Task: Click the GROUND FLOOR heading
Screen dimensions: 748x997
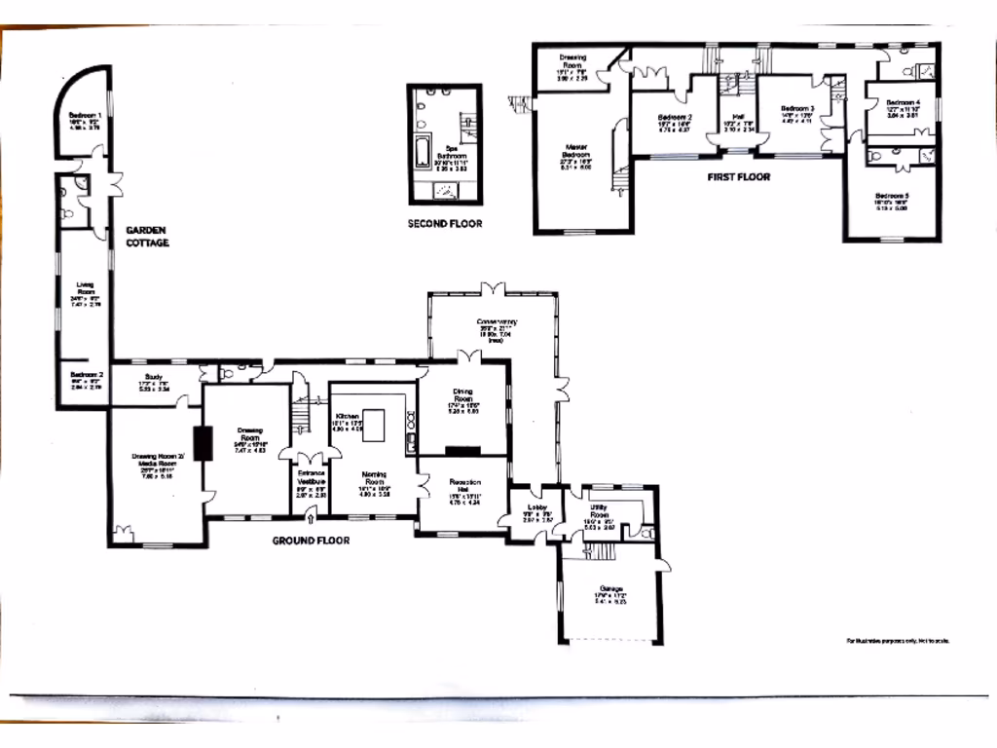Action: (310, 541)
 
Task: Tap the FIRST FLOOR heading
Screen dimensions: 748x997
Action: (738, 177)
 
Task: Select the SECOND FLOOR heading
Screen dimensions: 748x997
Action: (445, 223)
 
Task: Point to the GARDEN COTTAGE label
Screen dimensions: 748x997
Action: (147, 237)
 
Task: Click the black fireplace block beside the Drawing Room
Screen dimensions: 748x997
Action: (203, 443)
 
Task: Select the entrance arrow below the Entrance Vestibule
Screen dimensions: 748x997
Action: (311, 527)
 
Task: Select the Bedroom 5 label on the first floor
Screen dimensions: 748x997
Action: (892, 201)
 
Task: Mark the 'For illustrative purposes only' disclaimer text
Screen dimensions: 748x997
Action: (897, 641)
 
